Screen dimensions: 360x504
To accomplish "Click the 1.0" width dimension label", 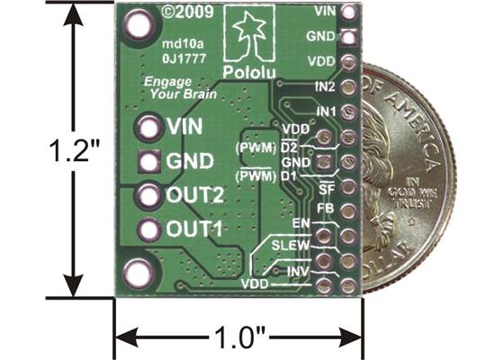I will [x=238, y=339].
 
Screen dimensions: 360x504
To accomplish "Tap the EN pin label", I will [x=303, y=222].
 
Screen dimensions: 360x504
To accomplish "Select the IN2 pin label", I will [x=327, y=86].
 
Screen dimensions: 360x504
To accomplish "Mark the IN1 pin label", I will [x=327, y=111].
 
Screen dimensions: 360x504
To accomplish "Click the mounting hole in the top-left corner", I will [x=139, y=25].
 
